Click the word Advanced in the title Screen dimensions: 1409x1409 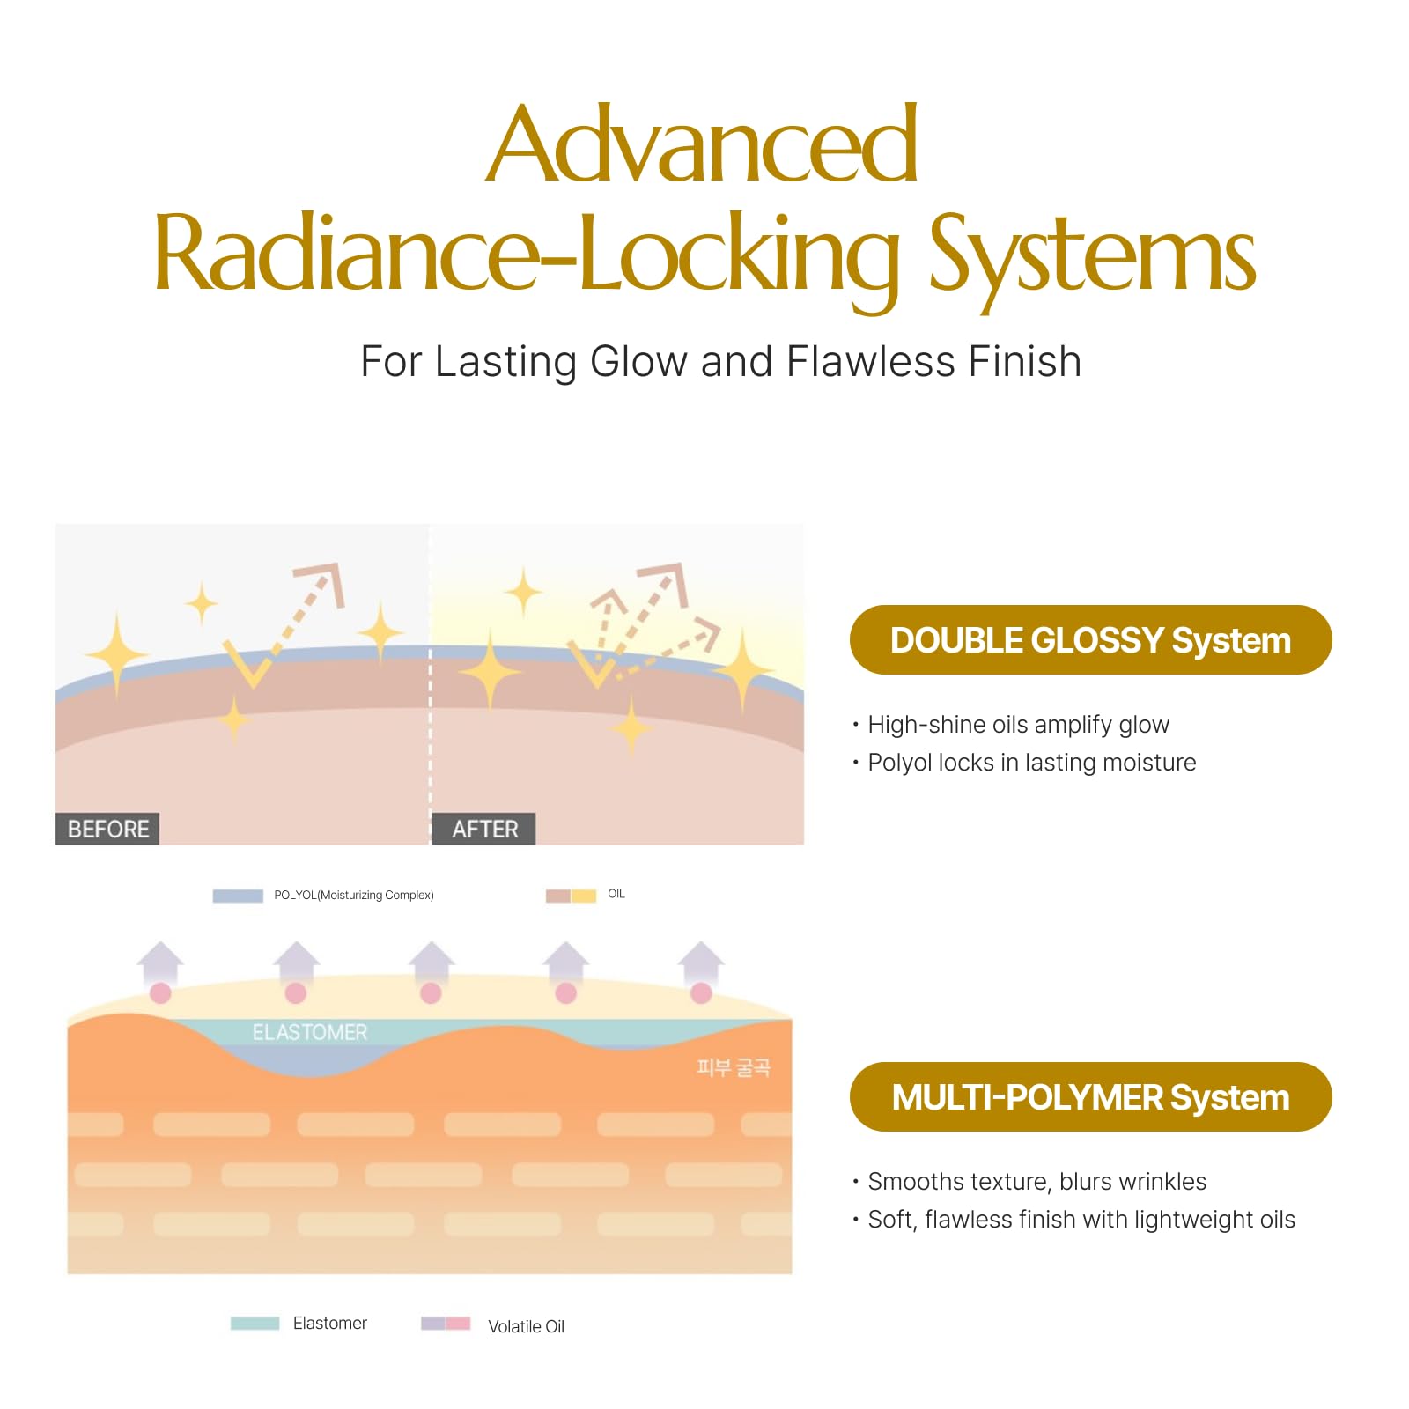tap(702, 143)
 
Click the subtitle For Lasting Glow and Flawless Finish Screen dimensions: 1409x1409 tap(721, 361)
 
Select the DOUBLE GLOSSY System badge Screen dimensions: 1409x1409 tap(1090, 640)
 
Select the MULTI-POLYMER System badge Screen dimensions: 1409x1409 tap(1090, 1097)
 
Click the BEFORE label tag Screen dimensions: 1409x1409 tap(107, 829)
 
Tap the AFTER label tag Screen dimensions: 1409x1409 tap(484, 829)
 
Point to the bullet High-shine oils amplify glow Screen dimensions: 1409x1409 tap(1010, 725)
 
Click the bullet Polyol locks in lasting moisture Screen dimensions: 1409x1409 tap(1023, 763)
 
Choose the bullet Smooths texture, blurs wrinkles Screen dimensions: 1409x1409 tap(1029, 1182)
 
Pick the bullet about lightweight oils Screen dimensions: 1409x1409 tap(1073, 1220)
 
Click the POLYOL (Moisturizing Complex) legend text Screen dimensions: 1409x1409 tap(354, 896)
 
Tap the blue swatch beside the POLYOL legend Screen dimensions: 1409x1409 tap(238, 896)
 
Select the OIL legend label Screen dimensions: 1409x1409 tap(616, 894)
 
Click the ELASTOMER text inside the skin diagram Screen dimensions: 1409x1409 tap(310, 1032)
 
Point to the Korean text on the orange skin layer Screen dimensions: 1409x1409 tap(734, 1067)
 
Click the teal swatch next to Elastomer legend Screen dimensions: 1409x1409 tap(255, 1324)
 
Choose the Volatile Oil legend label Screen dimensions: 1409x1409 tap(526, 1326)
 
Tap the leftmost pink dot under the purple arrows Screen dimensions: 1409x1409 tap(160, 993)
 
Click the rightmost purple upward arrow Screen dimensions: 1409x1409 tap(701, 963)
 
